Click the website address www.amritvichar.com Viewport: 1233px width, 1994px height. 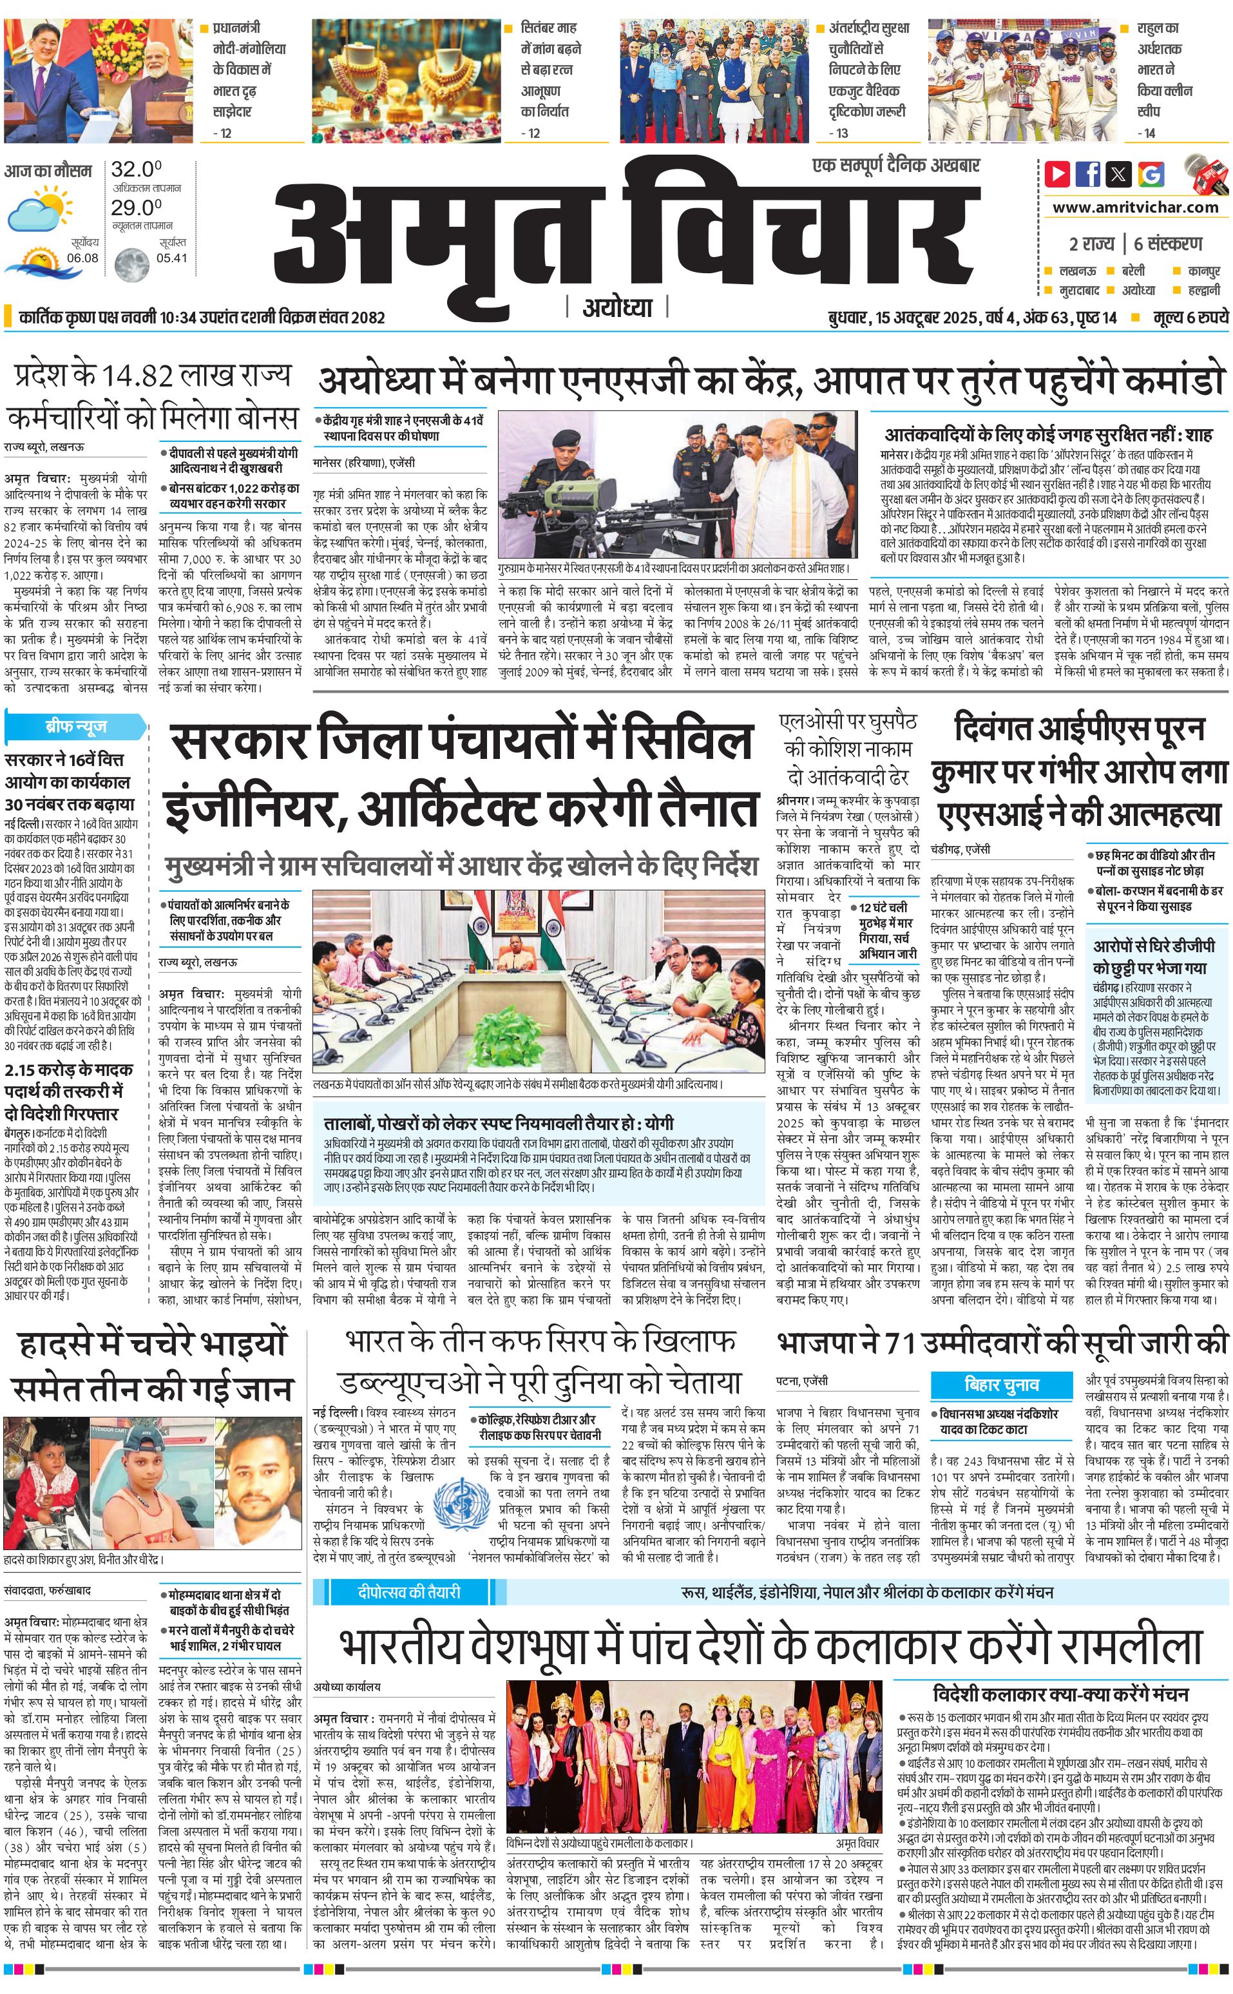[1135, 207]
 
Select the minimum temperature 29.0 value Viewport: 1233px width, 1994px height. [136, 207]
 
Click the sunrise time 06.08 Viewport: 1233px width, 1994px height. [82, 258]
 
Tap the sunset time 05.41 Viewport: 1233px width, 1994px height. [171, 258]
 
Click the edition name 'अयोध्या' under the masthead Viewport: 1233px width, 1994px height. [617, 307]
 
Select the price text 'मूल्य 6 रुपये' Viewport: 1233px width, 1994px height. [1190, 316]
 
